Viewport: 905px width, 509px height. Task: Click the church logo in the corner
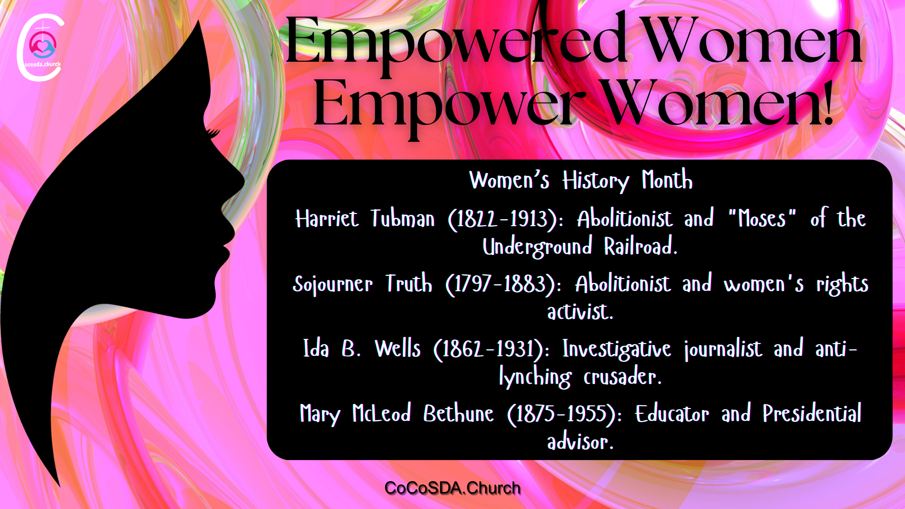point(41,47)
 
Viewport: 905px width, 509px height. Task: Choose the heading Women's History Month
point(581,180)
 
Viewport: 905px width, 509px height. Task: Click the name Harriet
point(327,219)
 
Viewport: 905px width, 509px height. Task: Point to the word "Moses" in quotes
point(762,218)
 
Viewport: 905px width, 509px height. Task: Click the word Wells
point(397,349)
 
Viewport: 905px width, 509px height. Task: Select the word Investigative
point(617,349)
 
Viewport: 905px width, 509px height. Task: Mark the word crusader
point(623,376)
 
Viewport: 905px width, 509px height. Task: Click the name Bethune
point(458,413)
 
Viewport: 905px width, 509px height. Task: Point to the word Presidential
point(812,413)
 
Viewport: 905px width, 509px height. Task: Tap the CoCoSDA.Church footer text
point(452,488)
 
